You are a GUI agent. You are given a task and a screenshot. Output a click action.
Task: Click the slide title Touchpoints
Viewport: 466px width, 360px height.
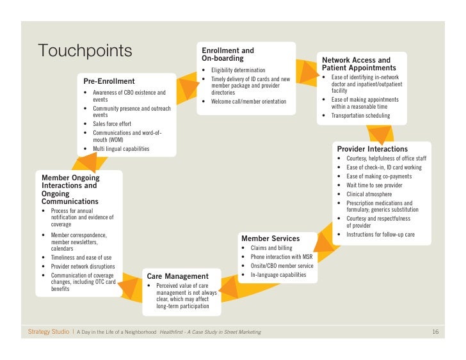pyautogui.click(x=85, y=51)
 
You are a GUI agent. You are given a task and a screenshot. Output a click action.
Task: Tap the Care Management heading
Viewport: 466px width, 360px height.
pyautogui.click(x=174, y=276)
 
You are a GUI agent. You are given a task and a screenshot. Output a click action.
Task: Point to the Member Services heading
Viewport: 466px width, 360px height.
pyautogui.click(x=270, y=239)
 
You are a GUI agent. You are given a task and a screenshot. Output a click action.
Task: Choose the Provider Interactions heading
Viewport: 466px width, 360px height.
pyautogui.click(x=372, y=149)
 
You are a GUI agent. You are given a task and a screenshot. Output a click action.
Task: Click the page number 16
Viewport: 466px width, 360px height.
pyautogui.click(x=435, y=332)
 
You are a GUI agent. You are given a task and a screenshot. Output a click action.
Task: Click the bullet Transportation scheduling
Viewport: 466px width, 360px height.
pyautogui.click(x=364, y=116)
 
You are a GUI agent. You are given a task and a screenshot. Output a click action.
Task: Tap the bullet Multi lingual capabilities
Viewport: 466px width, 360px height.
pyautogui.click(x=121, y=149)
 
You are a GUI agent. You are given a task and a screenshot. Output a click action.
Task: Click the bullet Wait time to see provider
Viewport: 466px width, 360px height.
pyautogui.click(x=374, y=185)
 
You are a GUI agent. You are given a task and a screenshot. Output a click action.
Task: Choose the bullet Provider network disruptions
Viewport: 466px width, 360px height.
pyautogui.click(x=83, y=266)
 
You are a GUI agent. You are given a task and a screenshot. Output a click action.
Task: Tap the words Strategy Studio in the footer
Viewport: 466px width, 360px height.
pyautogui.click(x=48, y=332)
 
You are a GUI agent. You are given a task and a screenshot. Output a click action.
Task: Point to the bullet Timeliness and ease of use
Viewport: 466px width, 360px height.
pyautogui.click(x=81, y=257)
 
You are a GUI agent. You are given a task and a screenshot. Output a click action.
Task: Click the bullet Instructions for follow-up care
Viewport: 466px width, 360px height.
pyautogui.click(x=380, y=235)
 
